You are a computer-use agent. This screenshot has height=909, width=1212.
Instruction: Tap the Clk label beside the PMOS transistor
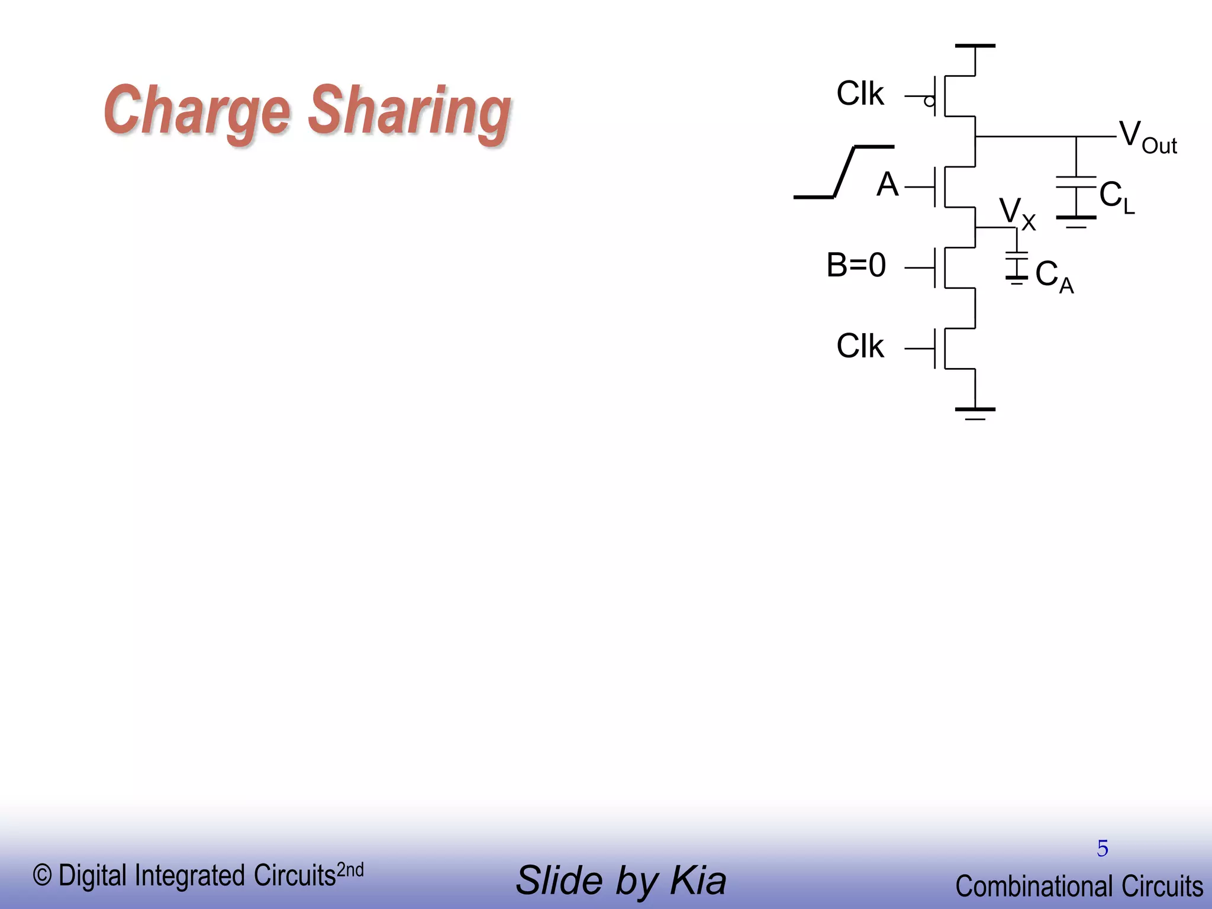click(860, 94)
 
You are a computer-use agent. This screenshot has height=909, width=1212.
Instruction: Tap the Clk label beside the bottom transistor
click(860, 346)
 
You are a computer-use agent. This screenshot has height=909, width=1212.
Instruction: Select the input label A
click(887, 185)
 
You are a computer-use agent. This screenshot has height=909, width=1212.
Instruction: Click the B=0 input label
click(856, 265)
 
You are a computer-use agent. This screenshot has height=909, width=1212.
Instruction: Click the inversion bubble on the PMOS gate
click(930, 102)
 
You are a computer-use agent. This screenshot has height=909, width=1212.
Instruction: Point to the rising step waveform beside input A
click(844, 172)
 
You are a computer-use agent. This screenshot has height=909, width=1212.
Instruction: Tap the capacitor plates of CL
click(1076, 182)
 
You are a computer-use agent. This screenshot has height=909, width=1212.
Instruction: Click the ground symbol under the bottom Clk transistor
click(975, 412)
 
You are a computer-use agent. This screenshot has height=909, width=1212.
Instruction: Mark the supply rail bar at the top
click(975, 46)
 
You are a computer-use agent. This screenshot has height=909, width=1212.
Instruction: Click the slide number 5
click(1102, 849)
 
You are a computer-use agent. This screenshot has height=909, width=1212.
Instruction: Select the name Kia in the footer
click(698, 881)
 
